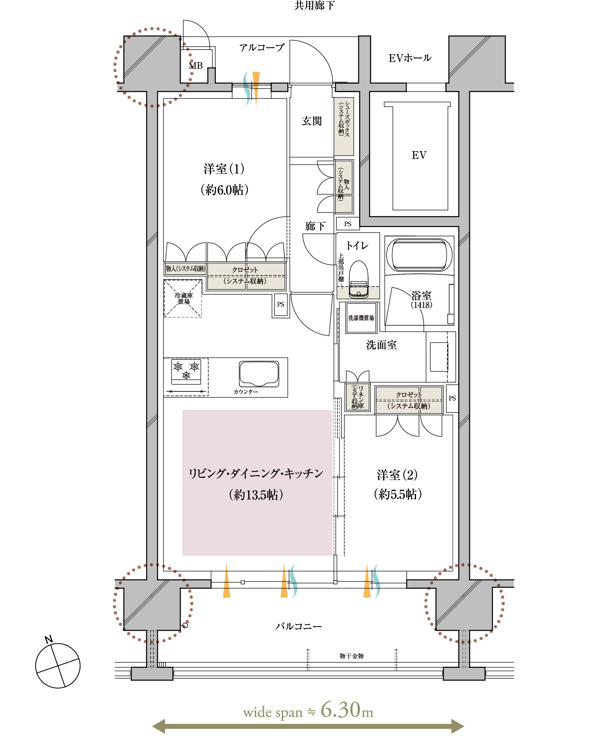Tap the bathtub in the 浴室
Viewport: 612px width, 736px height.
pyautogui.click(x=419, y=255)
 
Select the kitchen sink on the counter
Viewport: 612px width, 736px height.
pyautogui.click(x=259, y=374)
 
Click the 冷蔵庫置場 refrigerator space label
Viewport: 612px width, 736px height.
pyautogui.click(x=184, y=298)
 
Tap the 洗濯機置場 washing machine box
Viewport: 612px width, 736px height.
pyautogui.click(x=361, y=318)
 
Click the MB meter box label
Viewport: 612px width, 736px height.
pyautogui.click(x=195, y=66)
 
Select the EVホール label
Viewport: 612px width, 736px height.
pyautogui.click(x=410, y=58)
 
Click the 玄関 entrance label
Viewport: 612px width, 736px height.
pyautogui.click(x=311, y=121)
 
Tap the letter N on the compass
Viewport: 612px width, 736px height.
pyautogui.click(x=49, y=639)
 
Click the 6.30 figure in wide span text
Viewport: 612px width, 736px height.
pyautogui.click(x=341, y=710)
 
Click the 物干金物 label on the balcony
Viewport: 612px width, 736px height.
pyautogui.click(x=351, y=656)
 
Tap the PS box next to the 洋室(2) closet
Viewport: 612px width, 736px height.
pyautogui.click(x=452, y=398)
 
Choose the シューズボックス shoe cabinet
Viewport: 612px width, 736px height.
pyautogui.click(x=344, y=126)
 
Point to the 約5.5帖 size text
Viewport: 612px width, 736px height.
pyautogui.click(x=398, y=494)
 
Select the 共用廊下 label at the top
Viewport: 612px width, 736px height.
pyautogui.click(x=314, y=5)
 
